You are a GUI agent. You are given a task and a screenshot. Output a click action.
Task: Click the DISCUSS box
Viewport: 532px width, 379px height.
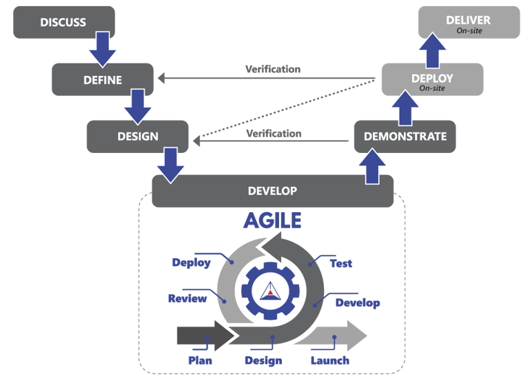[63, 23]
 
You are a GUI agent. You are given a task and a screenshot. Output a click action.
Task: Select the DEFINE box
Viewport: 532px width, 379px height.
[103, 80]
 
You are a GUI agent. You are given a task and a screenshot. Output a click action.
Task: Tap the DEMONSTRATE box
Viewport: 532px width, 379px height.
[405, 136]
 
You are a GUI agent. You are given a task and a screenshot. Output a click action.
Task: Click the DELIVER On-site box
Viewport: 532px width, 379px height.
[469, 23]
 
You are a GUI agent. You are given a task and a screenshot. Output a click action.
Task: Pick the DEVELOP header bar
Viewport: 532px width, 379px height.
[272, 191]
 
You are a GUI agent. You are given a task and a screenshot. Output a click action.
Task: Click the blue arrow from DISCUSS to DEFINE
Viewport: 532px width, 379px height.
[103, 48]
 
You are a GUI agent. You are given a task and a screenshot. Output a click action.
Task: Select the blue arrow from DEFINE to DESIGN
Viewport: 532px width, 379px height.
[137, 105]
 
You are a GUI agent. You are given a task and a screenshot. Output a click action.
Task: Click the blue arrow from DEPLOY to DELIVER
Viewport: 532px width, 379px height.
[434, 48]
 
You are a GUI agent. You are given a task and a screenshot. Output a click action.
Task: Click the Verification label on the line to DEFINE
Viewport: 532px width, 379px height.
[273, 70]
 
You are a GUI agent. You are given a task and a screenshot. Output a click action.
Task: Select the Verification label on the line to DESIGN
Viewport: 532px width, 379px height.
[273, 133]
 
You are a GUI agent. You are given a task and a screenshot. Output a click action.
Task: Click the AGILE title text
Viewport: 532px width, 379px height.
[272, 220]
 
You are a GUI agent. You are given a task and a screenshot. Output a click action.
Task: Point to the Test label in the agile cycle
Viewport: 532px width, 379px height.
[341, 264]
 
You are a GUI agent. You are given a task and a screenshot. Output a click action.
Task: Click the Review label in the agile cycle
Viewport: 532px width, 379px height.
[187, 298]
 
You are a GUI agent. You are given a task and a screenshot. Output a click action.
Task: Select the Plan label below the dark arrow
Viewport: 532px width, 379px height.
[200, 360]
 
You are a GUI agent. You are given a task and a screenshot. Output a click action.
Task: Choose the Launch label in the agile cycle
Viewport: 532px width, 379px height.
[329, 360]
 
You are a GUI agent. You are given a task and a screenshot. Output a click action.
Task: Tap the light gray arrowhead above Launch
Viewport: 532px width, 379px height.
[354, 335]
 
